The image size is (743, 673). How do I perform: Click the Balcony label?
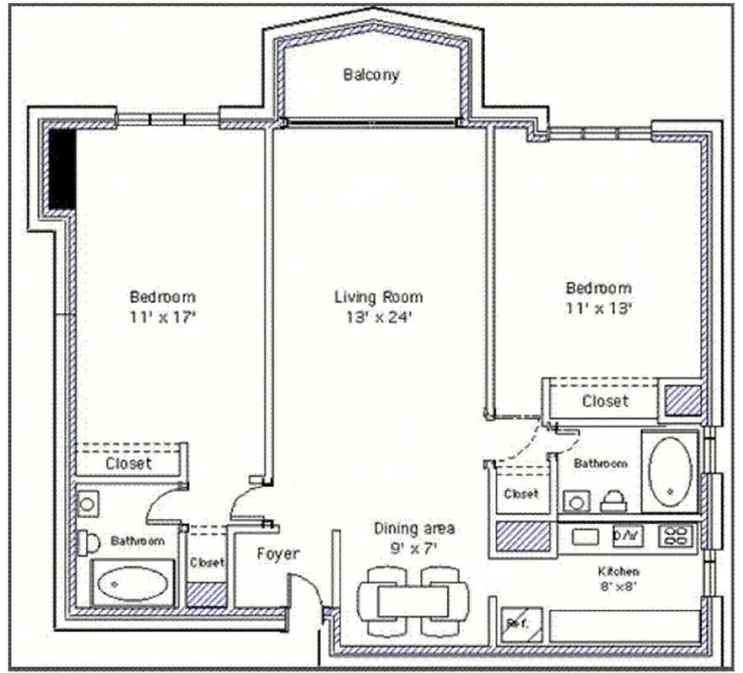pos(371,75)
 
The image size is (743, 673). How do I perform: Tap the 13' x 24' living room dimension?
pos(378,317)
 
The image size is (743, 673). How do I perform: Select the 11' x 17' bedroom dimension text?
pos(162,317)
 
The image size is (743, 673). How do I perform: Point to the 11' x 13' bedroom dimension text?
pos(598,308)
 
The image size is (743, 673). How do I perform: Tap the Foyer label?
pos(277,554)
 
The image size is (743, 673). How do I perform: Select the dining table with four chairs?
pos(413,601)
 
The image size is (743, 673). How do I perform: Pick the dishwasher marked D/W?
pos(627,535)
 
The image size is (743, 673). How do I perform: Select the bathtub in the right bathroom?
pos(670,471)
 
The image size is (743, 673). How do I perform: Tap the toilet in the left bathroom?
pos(87,543)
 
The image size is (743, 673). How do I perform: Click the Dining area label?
pos(414,528)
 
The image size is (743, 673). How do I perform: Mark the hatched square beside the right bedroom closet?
pos(683,400)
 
